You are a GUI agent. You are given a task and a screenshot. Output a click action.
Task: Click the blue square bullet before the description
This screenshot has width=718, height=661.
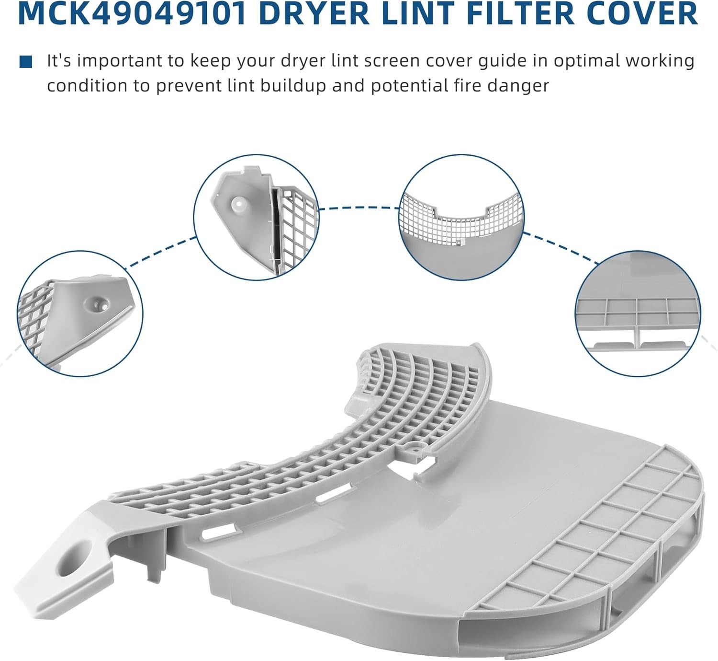[x=25, y=62]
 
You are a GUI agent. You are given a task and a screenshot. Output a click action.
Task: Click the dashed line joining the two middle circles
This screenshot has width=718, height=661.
[x=359, y=208]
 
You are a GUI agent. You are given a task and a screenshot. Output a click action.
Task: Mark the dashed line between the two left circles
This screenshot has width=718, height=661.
[x=160, y=253]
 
